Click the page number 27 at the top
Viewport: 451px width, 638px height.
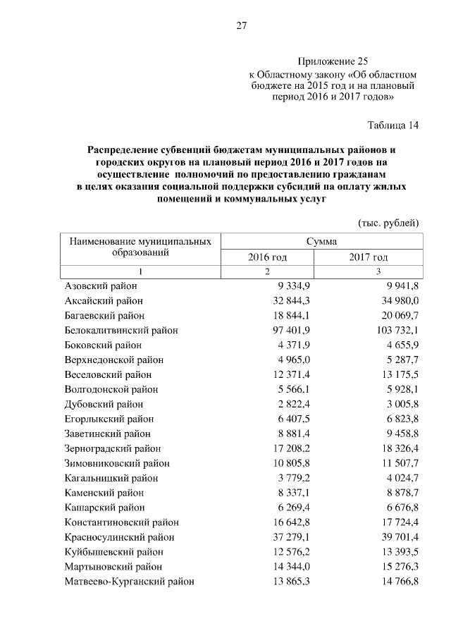coord(241,26)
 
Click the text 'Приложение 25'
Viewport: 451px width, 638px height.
coord(333,61)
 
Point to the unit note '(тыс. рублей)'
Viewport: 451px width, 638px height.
coord(389,223)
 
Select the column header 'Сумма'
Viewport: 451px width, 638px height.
coord(321,241)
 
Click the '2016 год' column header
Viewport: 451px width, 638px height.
coord(267,257)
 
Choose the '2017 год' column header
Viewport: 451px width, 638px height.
coord(368,257)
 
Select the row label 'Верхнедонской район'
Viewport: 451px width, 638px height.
coord(113,360)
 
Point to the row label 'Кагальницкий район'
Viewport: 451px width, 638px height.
coord(111,478)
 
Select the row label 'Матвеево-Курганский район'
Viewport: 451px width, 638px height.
coord(129,582)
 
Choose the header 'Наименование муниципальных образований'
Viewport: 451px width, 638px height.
coord(140,247)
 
